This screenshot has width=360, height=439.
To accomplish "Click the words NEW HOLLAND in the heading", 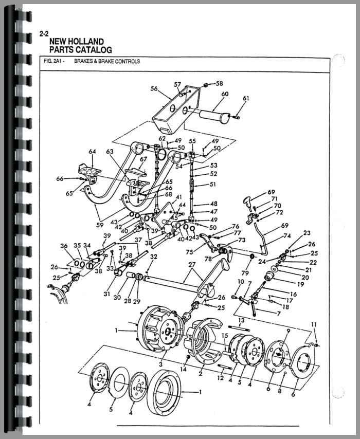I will click(76, 42).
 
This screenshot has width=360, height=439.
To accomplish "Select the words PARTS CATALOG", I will click(80, 50).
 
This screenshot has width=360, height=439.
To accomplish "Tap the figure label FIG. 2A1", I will click(53, 62).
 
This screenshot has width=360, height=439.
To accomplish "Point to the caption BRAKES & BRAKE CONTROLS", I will click(106, 62).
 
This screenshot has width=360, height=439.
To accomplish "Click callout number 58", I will click(220, 83).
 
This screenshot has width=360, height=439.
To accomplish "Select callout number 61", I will click(245, 98).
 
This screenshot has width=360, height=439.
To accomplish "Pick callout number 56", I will click(154, 88).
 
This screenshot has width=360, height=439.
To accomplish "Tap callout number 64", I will click(93, 152).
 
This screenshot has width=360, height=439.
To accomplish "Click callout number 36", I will click(64, 246).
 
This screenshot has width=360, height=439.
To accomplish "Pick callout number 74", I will click(287, 237).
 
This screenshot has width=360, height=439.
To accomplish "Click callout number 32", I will click(154, 257).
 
